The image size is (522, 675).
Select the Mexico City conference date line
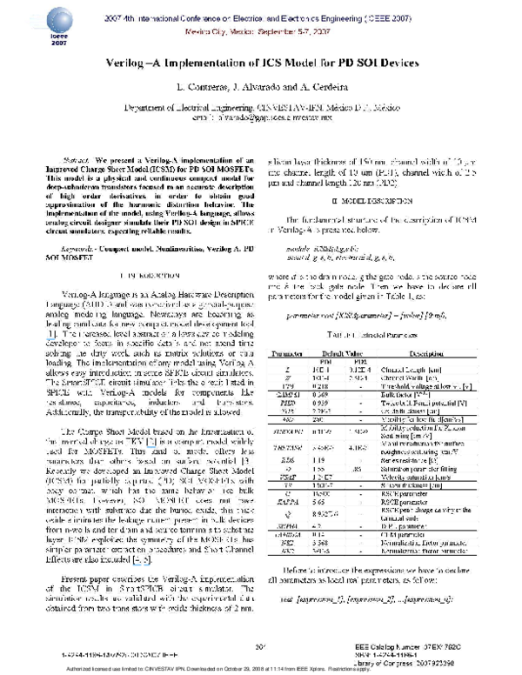tap(261, 29)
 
